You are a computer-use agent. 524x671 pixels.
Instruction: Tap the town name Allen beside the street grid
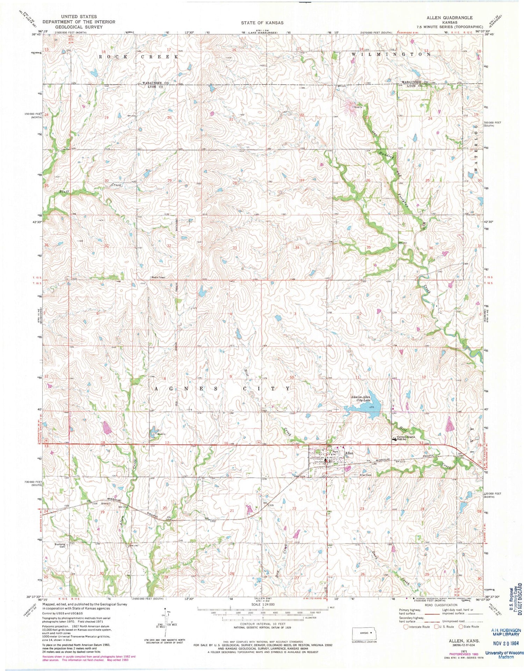349,453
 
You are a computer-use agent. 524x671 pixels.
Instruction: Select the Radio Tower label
158,277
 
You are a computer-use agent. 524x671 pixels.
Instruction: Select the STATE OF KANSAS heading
262,23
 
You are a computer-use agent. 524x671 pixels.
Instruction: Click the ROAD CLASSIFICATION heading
441,605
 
